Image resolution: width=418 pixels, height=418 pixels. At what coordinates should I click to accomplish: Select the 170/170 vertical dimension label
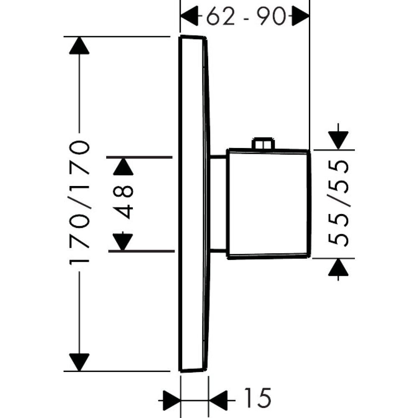point(79,203)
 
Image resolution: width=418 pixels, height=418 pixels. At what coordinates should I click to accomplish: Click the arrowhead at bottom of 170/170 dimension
point(79,362)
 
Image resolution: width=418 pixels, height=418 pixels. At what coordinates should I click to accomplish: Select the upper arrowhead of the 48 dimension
point(123,167)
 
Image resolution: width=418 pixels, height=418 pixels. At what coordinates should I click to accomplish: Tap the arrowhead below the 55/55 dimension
point(338,268)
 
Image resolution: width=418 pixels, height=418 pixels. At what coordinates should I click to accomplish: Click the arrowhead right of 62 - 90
point(300,17)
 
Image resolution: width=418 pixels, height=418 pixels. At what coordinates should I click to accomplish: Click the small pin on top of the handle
point(263,144)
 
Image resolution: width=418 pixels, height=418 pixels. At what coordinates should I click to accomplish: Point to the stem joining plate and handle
point(218,204)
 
